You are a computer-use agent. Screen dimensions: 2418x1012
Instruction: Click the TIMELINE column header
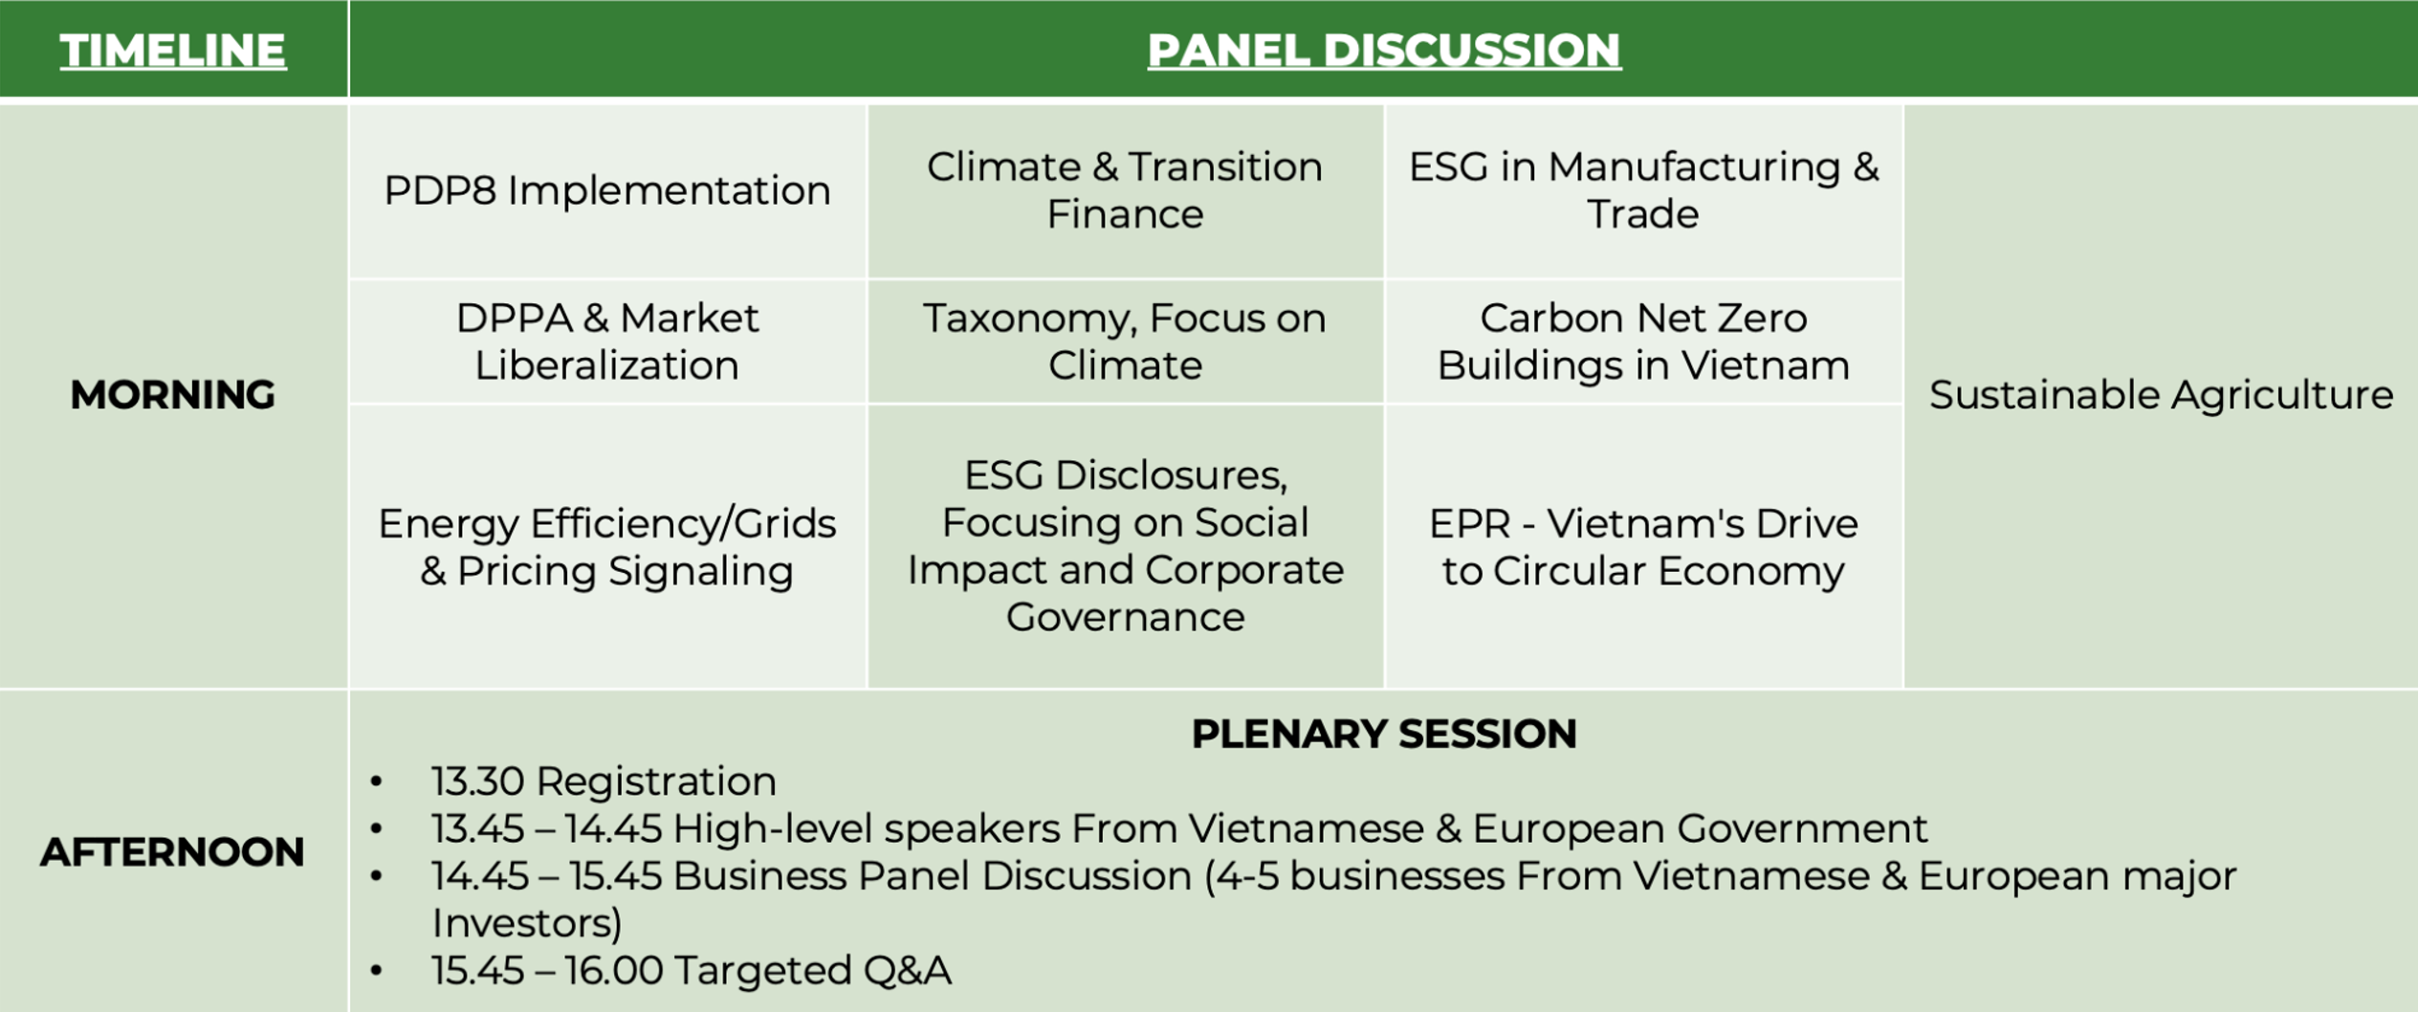(173, 51)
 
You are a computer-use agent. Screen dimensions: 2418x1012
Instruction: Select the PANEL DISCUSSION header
(1384, 51)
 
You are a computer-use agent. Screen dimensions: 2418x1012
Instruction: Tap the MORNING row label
(173, 395)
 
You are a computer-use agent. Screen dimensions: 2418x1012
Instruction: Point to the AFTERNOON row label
(173, 852)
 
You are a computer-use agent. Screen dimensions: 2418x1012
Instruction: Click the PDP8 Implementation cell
(607, 190)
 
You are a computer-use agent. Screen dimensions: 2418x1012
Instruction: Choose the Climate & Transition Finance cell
(1125, 190)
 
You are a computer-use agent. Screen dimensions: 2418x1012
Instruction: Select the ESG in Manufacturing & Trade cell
(1643, 190)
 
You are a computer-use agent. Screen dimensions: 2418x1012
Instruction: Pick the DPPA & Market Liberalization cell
(607, 341)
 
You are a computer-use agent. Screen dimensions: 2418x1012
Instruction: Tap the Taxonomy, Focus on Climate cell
(1125, 341)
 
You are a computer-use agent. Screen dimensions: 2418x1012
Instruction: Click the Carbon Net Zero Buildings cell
(1643, 341)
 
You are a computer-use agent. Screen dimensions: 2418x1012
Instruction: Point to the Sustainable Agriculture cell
(2161, 395)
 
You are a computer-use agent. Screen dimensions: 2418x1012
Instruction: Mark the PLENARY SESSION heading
(1384, 734)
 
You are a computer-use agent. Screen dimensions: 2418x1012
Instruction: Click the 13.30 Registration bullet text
(604, 781)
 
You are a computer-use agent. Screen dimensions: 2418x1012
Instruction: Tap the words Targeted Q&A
(813, 971)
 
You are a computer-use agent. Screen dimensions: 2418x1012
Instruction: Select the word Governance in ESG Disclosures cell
(1125, 617)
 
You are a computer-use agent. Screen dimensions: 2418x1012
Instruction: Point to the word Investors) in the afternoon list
(527, 924)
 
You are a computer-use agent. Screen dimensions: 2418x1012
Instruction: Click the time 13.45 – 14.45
(546, 829)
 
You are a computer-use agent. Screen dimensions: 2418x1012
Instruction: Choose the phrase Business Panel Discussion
(933, 876)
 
